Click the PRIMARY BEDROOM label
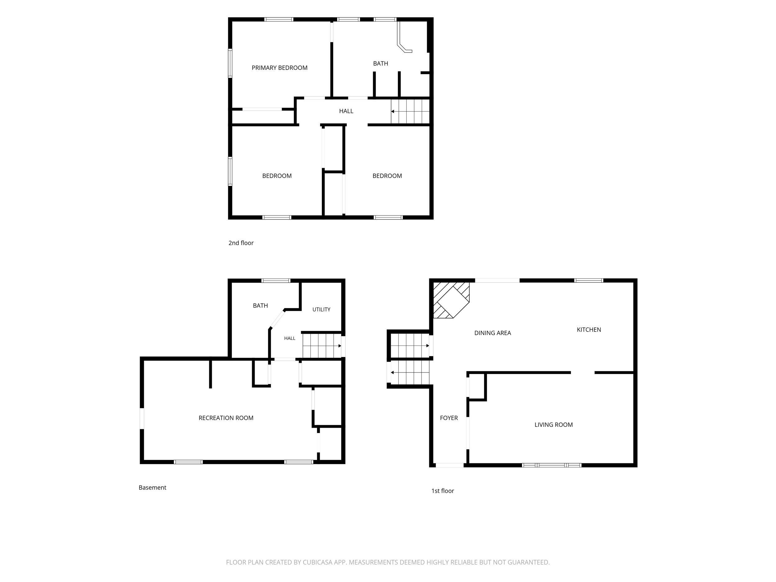coord(279,68)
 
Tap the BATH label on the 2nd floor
coord(380,64)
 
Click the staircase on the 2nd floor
coord(410,111)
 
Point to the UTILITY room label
coord(321,309)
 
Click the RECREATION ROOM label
coord(226,418)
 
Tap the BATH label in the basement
coord(260,305)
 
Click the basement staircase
coord(322,345)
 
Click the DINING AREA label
coord(493,333)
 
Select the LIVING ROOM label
coord(553,425)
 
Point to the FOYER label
coord(449,418)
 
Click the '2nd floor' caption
coord(241,243)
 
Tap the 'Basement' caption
coord(152,487)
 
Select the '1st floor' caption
coord(442,491)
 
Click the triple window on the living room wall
coord(552,465)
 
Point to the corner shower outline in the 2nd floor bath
coord(404,37)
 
